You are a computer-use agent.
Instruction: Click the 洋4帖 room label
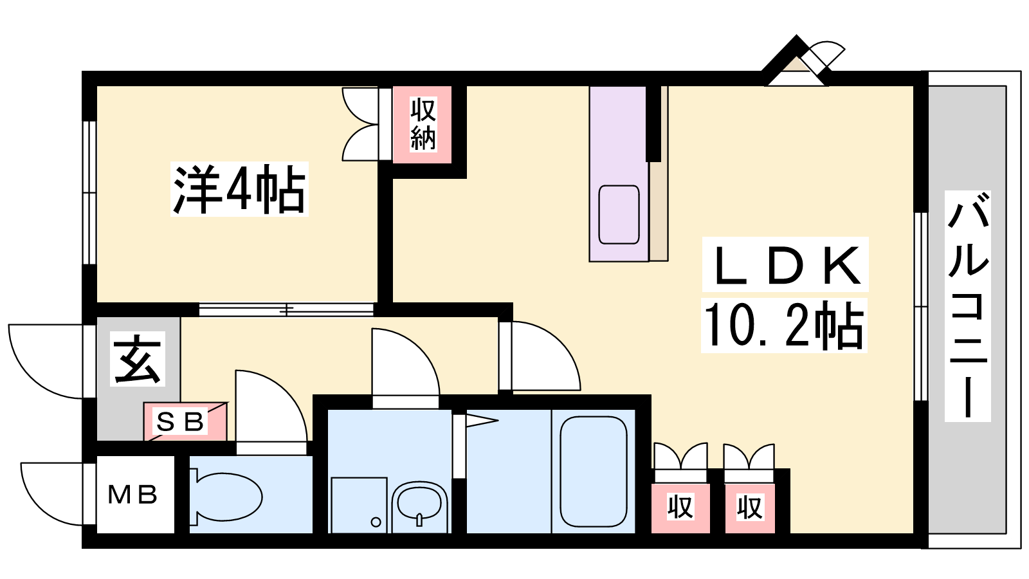point(239,189)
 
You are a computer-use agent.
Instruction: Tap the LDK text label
point(785,264)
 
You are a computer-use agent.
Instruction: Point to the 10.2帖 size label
point(784,326)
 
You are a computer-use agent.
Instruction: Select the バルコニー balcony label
point(967,306)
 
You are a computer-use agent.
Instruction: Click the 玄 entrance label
point(138,359)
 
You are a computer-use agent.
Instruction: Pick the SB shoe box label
point(180,421)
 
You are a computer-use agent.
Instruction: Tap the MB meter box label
point(132,495)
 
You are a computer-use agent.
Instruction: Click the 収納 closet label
point(423,124)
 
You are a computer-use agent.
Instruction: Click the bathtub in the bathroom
point(594,472)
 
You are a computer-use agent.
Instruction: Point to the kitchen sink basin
point(619,215)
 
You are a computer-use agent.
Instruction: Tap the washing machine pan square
point(360,506)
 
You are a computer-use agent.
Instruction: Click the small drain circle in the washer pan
point(376,522)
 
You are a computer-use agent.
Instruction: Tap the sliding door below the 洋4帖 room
point(286,309)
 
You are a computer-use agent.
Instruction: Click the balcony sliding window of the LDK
point(920,306)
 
